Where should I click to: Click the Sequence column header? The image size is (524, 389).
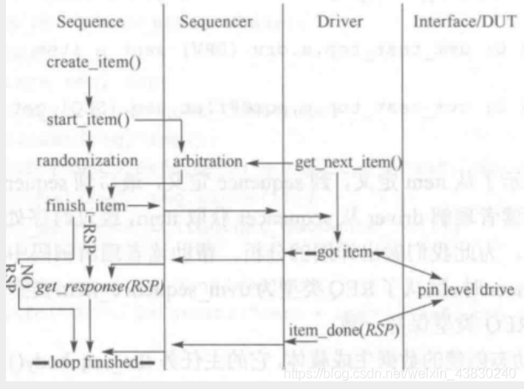pos(90,23)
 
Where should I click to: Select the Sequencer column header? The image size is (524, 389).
pos(216,23)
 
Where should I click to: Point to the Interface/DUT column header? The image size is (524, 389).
pos(465,23)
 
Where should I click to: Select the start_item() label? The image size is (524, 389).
pos(88,120)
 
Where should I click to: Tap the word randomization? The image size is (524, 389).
pos(87,161)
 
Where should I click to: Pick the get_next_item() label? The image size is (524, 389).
pos(349,162)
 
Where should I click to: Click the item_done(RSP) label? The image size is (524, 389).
pos(343,330)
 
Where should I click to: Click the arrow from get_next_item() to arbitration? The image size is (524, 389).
pos(269,162)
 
